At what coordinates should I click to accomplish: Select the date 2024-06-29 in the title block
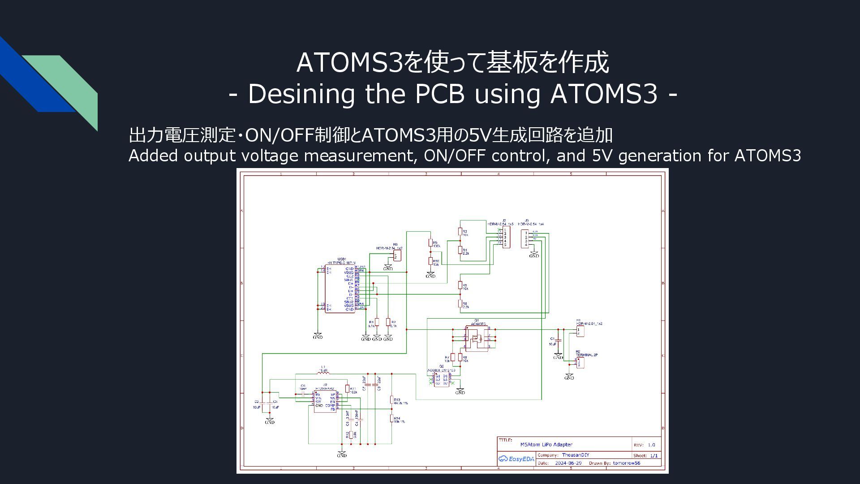[568, 463]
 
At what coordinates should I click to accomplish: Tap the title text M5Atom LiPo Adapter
[546, 445]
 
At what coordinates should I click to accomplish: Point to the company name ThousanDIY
[576, 455]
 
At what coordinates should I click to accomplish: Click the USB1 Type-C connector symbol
[340, 289]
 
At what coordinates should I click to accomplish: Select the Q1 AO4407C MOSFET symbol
[476, 337]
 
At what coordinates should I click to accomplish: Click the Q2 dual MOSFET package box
[441, 380]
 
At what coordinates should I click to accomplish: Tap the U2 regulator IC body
[325, 402]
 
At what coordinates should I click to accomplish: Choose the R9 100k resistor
[430, 243]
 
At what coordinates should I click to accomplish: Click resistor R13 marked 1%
[392, 400]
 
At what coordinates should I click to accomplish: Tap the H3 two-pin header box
[396, 255]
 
